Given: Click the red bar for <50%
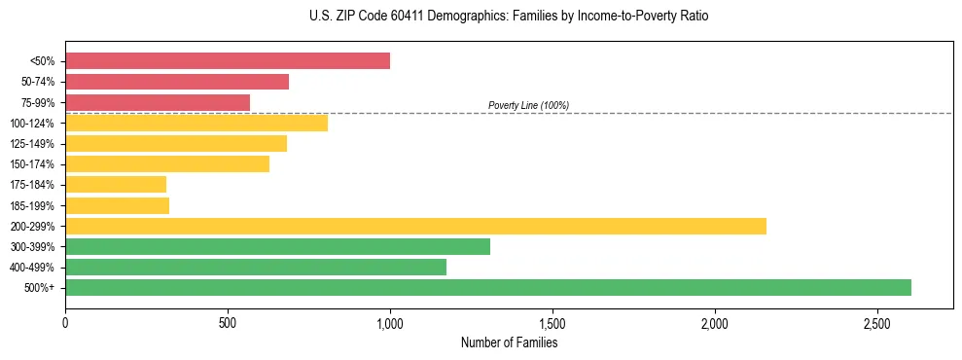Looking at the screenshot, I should pos(228,61).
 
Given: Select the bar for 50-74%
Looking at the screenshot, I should pos(177,82).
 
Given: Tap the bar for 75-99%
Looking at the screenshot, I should pos(158,102).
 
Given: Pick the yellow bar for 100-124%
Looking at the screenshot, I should pos(196,123).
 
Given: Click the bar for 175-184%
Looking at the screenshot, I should pos(116,184).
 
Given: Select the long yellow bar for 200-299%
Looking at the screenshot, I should pos(415,226).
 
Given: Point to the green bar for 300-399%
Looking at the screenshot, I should pos(277,246).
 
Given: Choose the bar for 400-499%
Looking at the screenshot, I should pos(256,267).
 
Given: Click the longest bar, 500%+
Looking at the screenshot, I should pos(488,287).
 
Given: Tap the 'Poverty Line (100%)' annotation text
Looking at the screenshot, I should pos(528,105).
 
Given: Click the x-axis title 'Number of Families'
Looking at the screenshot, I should pos(509,342).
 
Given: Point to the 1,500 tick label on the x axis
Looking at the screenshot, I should pos(552,323).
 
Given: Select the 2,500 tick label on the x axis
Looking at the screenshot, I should pos(876,323).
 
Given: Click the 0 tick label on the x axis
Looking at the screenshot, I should pos(65,323).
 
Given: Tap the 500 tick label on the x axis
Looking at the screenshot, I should pos(228,323).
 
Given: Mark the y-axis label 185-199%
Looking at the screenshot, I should pos(32,205).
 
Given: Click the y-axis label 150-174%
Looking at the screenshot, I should pos(32,164).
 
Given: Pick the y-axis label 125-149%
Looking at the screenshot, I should pos(32,144).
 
